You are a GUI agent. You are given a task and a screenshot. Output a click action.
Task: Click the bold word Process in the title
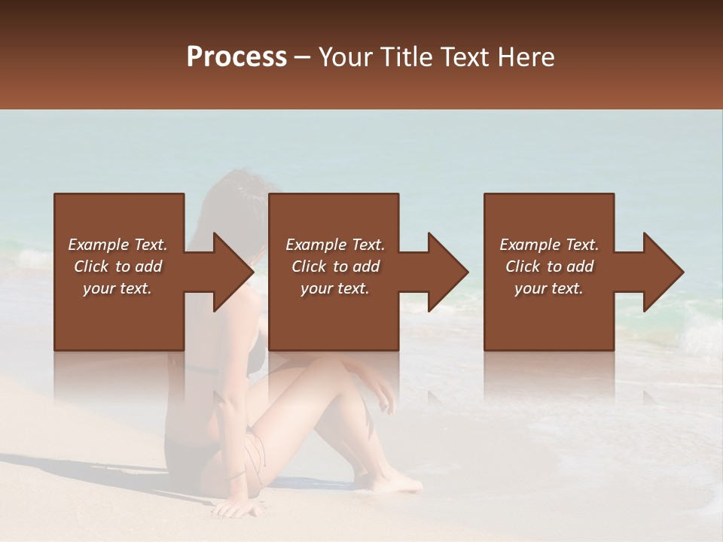[236, 57]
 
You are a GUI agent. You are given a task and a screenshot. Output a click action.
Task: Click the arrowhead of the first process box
[234, 272]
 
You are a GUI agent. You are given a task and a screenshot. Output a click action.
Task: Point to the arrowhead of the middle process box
[449, 272]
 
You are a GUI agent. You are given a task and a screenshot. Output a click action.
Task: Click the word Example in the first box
[97, 245]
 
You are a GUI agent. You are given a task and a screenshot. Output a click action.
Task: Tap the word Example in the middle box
[315, 245]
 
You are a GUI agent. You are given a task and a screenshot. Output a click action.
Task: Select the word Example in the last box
[529, 245]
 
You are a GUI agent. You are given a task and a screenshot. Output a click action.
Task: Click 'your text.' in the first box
[117, 288]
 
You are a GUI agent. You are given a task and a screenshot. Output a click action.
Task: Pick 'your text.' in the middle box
[335, 288]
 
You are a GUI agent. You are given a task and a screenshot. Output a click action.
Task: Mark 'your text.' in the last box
[549, 288]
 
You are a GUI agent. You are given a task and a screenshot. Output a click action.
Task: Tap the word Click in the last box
[523, 266]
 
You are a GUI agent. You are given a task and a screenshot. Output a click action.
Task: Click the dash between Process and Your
[303, 57]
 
